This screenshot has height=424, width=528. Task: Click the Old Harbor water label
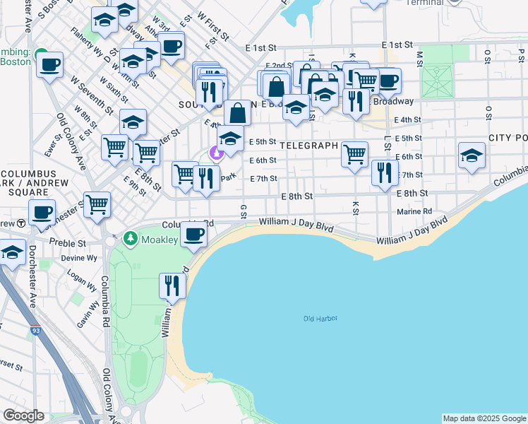point(320,319)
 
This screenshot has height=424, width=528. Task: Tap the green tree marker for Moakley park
point(130,240)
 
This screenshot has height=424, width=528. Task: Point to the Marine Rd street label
point(414,211)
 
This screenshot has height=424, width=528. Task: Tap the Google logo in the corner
point(23,416)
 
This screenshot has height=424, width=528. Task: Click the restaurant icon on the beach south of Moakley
point(172,285)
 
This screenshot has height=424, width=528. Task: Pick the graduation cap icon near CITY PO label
point(472,155)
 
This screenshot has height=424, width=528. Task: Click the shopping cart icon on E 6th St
point(354,153)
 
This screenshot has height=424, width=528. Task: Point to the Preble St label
point(71,242)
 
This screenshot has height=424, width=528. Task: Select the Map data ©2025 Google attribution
point(484,418)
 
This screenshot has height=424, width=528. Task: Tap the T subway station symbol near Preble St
point(21,223)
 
